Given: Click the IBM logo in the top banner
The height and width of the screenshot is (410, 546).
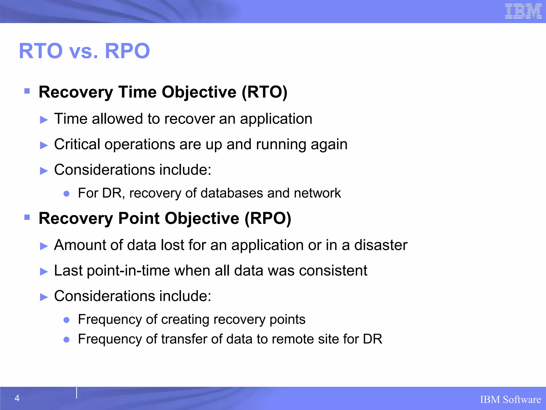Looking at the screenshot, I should pos(523,11).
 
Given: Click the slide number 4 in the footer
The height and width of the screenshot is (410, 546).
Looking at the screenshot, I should pos(17,398).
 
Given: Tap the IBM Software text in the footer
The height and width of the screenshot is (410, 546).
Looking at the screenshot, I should pos(510,400).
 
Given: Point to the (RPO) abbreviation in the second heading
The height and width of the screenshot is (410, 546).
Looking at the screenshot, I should pos(268,218).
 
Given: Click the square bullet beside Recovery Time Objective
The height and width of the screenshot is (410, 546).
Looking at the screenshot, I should pos(27,91).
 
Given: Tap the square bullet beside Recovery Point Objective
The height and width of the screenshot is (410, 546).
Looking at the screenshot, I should pos(27,217).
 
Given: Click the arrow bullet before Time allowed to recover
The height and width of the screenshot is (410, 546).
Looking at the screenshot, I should pos(44,120).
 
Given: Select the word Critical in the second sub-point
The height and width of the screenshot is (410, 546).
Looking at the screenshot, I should pos(77,144).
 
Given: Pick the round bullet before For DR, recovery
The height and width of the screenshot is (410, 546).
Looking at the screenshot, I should pos(67,194).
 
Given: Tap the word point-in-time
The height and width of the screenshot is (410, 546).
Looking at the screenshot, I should pos(128,271).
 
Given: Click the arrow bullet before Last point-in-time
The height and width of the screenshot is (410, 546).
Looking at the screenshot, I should pos(44,271).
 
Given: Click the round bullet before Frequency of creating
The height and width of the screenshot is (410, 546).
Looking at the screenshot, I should pos(67,320).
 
